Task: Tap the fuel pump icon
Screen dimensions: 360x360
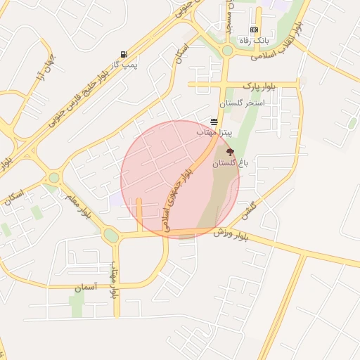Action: coord(124,54)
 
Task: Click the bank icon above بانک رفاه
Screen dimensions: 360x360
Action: coord(254,30)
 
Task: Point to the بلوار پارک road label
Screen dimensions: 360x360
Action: coord(260,86)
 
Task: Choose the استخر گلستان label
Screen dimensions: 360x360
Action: coord(241,103)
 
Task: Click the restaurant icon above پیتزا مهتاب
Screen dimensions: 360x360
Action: coord(214,122)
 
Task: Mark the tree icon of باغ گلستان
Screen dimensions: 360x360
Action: coord(229,151)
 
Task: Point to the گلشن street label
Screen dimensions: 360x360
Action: coord(247,207)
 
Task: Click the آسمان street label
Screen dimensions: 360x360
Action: coord(88,288)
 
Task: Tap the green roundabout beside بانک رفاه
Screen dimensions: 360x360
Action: coord(227,51)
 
